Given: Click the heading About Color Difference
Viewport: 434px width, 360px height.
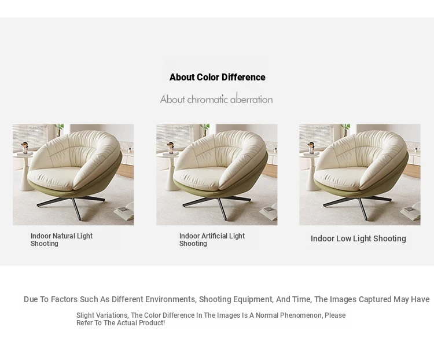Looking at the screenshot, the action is coord(217,77).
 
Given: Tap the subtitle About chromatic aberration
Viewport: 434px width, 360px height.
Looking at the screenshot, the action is coord(216,99).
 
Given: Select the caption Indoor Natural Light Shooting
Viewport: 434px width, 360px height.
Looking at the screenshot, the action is coord(61,240).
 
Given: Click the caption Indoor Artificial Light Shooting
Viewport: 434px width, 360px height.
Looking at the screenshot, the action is coord(212,240).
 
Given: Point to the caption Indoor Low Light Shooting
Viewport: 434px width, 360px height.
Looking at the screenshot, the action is coord(358,238).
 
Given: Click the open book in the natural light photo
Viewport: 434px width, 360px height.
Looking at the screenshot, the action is coord(124,212).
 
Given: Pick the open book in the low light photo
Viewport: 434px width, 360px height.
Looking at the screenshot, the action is coord(411,212).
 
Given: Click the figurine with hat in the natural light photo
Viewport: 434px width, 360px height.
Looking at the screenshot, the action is coord(25,148).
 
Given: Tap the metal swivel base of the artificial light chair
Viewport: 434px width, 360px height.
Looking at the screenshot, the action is coord(216,205).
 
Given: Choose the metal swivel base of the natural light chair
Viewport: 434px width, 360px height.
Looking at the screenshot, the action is coord(71,205).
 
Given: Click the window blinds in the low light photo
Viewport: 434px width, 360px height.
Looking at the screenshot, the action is coord(316,137).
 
